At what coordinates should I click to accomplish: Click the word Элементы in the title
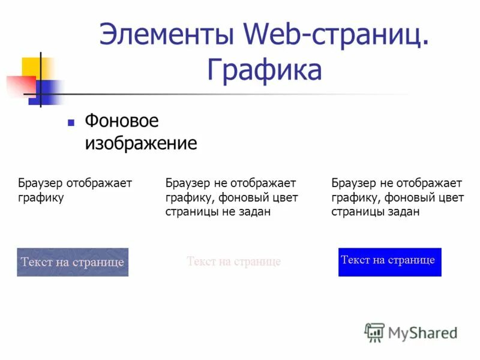(166, 34)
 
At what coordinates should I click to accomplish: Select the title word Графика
(265, 70)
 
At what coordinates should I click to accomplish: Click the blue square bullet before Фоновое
(71, 122)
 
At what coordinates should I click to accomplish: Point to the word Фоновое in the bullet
(122, 122)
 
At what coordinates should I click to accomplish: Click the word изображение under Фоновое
(140, 144)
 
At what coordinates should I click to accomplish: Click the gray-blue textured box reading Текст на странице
(73, 262)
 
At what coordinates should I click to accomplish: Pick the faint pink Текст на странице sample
(233, 262)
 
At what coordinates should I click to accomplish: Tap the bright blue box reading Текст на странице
(389, 262)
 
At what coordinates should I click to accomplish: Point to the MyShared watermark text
(422, 333)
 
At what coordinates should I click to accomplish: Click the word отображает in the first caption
(100, 183)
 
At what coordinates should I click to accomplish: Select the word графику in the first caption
(41, 197)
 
